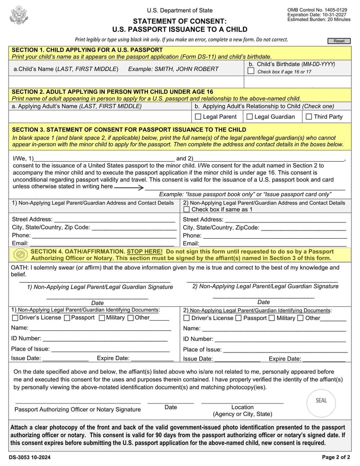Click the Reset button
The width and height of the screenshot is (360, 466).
tap(339, 41)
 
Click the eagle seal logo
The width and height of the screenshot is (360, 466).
tap(18, 15)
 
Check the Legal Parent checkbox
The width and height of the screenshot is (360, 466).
tap(198, 117)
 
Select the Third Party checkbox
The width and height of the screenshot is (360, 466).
tap(309, 117)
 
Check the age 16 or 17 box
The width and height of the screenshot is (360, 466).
tap(251, 71)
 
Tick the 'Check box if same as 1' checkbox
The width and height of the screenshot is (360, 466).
tap(187, 209)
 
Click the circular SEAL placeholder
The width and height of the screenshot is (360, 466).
tap(321, 400)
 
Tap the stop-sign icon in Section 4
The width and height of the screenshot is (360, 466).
tap(20, 255)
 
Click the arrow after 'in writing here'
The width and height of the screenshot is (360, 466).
tap(129, 186)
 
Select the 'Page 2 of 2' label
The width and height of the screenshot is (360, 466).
tap(336, 457)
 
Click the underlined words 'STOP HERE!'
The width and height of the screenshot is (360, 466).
tap(145, 252)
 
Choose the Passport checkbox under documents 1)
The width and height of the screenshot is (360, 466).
tap(67, 318)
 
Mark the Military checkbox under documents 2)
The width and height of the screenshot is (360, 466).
tap(271, 318)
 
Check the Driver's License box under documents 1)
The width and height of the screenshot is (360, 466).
tap(15, 318)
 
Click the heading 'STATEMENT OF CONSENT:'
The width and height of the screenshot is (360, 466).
tap(180, 21)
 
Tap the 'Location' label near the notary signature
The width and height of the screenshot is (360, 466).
tap(242, 407)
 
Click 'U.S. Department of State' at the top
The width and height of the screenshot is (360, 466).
tap(180, 10)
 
